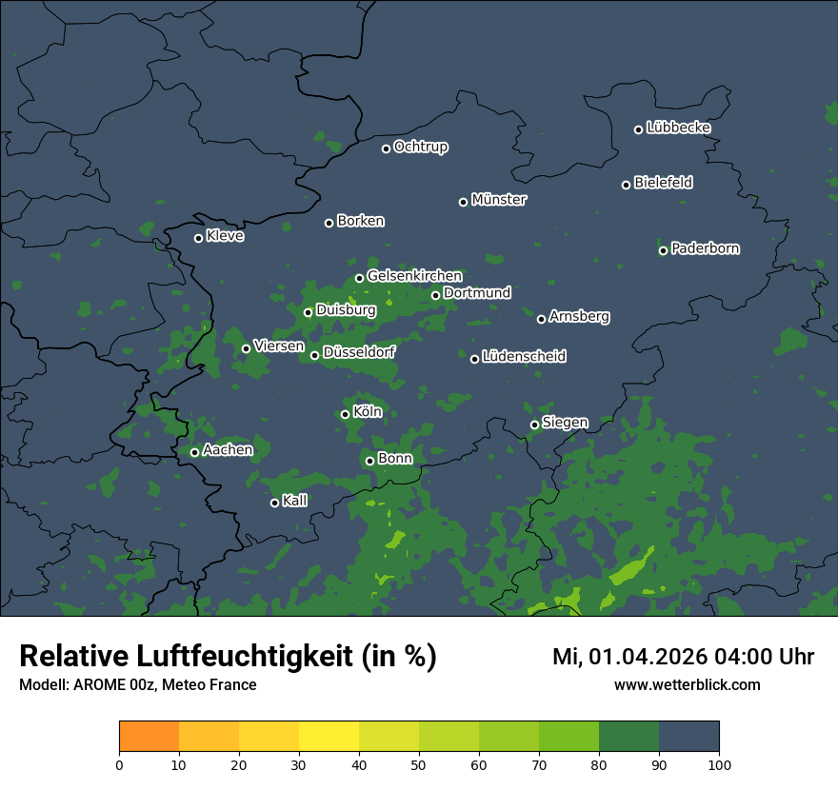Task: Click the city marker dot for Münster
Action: point(464,202)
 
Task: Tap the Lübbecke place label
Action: point(678,128)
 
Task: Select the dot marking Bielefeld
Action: point(627,185)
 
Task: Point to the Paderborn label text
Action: point(705,248)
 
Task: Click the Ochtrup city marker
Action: point(387,148)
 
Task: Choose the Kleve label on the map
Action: point(225,236)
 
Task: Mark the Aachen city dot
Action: point(195,452)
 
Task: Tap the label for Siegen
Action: point(565,423)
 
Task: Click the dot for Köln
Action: point(346,414)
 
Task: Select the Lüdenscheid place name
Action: point(524,357)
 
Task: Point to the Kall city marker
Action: point(275,503)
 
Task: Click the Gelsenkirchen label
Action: point(414,276)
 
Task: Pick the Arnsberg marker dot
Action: point(542,319)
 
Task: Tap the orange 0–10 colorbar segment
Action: point(149,737)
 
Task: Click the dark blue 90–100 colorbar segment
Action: point(688,737)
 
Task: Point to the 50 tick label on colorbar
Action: point(419,764)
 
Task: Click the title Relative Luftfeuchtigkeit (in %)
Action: point(228,657)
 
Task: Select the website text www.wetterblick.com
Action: point(687,684)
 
